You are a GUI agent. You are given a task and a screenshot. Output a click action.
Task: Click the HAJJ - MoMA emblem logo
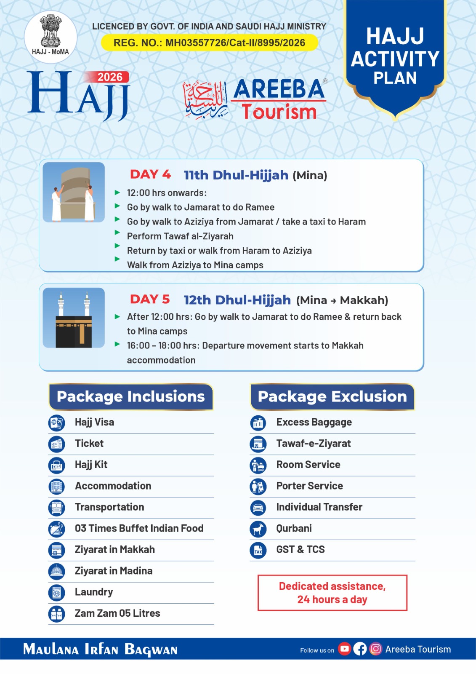click(x=51, y=37)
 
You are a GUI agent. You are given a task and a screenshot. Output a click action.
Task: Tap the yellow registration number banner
click(x=209, y=43)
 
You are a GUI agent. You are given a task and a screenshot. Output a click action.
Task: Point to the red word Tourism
click(x=279, y=112)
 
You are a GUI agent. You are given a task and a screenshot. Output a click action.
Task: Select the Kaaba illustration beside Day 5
click(x=74, y=318)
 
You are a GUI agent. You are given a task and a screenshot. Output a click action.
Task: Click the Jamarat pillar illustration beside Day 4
click(x=74, y=192)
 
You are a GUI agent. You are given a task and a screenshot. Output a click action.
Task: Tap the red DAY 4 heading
click(x=150, y=174)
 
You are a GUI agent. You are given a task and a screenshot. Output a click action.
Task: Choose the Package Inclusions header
click(x=131, y=396)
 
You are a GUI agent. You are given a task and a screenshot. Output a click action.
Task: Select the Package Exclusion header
click(x=332, y=396)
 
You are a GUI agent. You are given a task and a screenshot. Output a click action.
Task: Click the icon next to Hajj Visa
click(x=56, y=423)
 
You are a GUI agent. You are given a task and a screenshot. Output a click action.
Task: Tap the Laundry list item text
click(x=94, y=592)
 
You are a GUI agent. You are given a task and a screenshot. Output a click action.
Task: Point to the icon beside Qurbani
click(x=258, y=529)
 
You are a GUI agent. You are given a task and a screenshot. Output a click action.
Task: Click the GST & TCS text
click(x=300, y=549)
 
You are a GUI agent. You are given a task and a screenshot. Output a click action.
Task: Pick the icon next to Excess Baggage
click(x=258, y=423)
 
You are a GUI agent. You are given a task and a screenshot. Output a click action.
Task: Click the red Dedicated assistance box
click(x=332, y=593)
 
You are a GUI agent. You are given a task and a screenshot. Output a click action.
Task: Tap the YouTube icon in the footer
click(x=344, y=649)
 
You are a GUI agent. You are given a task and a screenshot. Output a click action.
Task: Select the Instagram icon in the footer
click(x=375, y=649)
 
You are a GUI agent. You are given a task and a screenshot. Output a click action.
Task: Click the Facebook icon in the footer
click(x=360, y=649)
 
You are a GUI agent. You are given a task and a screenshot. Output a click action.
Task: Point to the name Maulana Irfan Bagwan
click(x=100, y=649)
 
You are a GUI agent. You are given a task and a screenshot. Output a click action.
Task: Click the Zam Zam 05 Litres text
click(x=117, y=613)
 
